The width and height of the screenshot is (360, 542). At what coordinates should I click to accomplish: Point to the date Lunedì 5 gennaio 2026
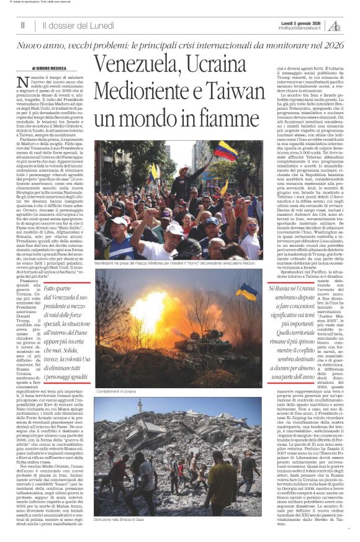[299, 22]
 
